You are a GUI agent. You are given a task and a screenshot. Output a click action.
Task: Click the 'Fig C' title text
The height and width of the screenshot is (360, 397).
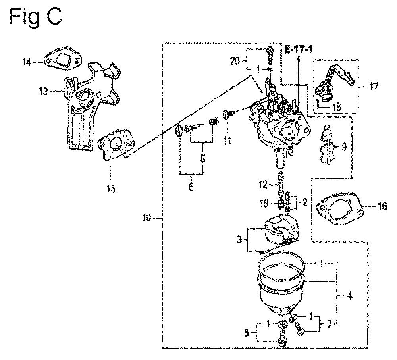click(36, 17)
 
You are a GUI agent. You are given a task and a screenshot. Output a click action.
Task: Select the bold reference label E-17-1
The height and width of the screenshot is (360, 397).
click(298, 49)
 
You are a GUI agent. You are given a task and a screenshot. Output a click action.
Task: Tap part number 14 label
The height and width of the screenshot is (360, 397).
click(27, 62)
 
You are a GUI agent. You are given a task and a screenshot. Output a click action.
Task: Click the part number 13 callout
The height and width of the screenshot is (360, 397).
click(44, 91)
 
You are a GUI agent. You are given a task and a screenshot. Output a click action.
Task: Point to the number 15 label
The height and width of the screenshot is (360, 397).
click(111, 189)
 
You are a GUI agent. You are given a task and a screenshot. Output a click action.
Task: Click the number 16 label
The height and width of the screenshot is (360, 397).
click(382, 206)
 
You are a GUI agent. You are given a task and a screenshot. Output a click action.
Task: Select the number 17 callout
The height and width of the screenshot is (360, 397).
click(373, 87)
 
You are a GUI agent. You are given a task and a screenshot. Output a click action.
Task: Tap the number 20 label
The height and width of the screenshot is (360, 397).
click(235, 61)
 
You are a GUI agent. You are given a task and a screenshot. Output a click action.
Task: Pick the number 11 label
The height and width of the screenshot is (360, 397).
click(227, 141)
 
